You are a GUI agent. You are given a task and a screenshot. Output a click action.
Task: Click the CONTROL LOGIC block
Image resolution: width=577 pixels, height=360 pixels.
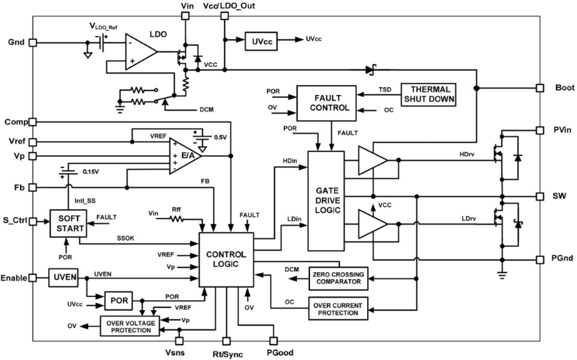click(x=226, y=260)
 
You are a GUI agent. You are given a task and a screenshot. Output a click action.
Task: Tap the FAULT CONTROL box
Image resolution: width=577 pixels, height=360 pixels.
click(x=326, y=99)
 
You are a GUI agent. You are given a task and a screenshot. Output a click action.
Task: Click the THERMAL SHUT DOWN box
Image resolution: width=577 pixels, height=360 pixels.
click(x=430, y=94)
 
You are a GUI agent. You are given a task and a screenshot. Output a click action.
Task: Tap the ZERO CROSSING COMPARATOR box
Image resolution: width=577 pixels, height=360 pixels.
click(x=339, y=278)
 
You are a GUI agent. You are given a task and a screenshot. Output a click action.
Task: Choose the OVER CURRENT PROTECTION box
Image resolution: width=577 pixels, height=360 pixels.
click(x=339, y=308)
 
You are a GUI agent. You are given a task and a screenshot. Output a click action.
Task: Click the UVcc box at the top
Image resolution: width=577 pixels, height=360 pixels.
click(x=261, y=41)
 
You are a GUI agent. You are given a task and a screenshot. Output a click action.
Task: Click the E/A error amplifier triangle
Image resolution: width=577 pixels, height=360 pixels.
click(x=183, y=155)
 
